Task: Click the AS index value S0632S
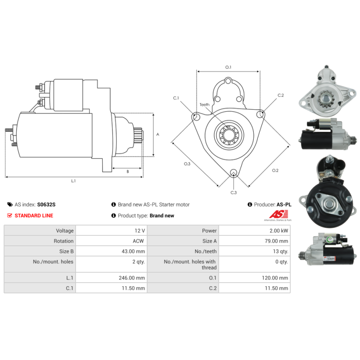[46, 204]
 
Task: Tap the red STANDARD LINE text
[34, 216]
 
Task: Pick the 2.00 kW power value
[279, 230]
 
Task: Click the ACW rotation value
[138, 241]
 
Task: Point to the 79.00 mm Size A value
[276, 241]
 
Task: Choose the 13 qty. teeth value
[280, 252]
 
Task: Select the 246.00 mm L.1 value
[132, 278]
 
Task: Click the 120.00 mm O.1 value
[275, 278]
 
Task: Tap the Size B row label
[66, 252]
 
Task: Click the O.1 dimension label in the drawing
[228, 67]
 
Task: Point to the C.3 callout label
[234, 193]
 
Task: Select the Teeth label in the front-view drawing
[204, 105]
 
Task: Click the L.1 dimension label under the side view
[73, 181]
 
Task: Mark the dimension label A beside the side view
[157, 134]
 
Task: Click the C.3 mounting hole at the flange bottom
[234, 172]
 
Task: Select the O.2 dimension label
[275, 171]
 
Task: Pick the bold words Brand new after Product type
[162, 216]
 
